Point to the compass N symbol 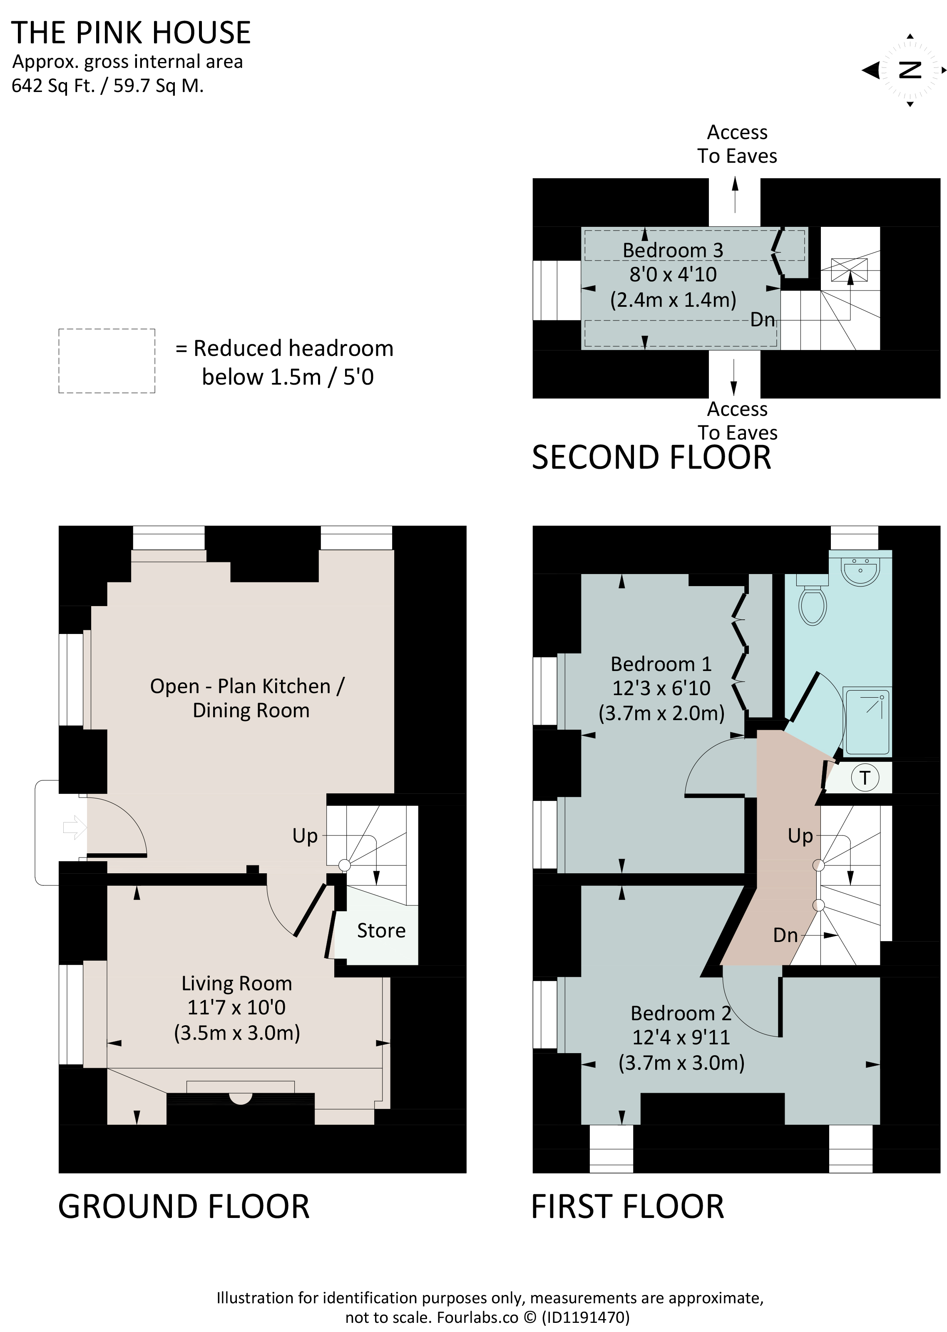(x=910, y=70)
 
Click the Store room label (x=381, y=930)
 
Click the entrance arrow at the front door (x=75, y=827)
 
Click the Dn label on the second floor (x=762, y=319)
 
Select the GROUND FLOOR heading (x=184, y=1207)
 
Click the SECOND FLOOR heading (x=651, y=457)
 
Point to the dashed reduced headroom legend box (x=107, y=361)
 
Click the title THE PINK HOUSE (x=131, y=32)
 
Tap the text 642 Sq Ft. (x=53, y=86)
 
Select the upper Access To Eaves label (x=737, y=144)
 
